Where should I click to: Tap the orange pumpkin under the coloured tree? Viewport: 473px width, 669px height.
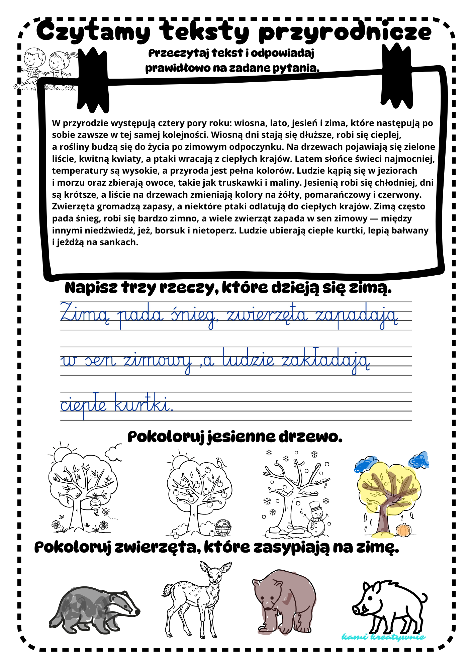[403, 530]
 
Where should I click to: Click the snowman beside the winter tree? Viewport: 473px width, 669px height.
[315, 517]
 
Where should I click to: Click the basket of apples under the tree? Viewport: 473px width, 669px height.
[223, 528]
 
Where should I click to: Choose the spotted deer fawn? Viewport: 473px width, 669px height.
[197, 599]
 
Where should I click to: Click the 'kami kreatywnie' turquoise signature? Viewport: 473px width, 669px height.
[383, 637]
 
